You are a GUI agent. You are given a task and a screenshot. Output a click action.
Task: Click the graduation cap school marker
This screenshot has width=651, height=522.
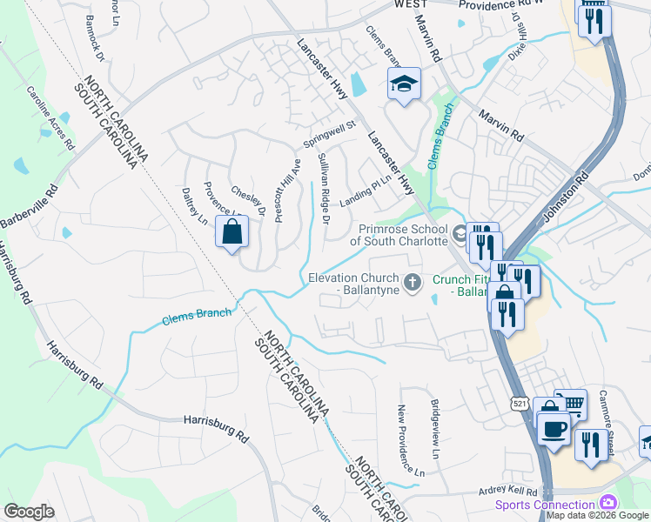[x=404, y=84]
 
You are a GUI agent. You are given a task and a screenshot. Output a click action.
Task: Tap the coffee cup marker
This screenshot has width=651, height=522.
[x=554, y=428]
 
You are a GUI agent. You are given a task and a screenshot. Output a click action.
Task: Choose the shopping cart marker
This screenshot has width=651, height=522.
[x=570, y=404]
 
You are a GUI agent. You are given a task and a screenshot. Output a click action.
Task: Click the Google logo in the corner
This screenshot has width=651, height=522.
[x=29, y=512]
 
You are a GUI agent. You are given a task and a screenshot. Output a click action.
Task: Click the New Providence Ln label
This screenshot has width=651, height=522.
[x=410, y=439]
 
